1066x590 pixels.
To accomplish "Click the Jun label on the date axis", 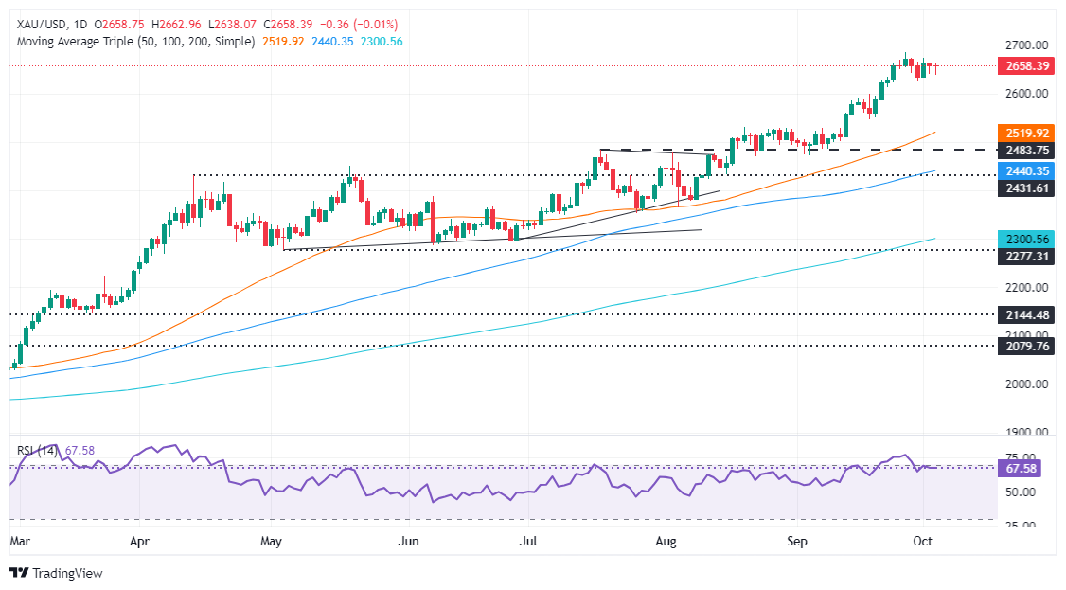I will coord(409,542).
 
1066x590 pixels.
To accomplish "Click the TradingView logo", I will coord(57,573).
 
